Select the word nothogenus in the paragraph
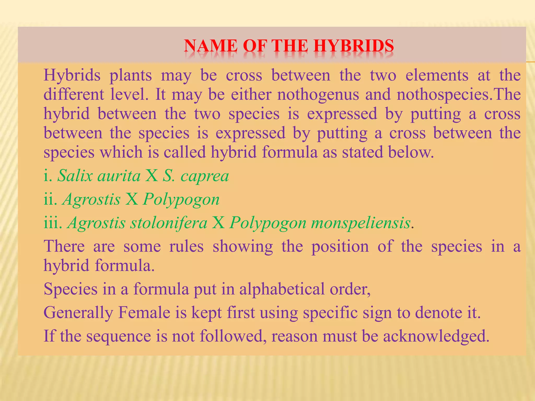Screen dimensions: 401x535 click(x=318, y=95)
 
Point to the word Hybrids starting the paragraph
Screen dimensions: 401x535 click(x=72, y=75)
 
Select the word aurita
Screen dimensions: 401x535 click(x=119, y=176)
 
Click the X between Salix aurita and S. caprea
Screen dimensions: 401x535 click(x=152, y=176)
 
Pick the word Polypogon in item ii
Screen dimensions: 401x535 click(x=181, y=200)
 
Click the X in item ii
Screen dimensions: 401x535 click(x=132, y=199)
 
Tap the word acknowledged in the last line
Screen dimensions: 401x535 click(x=436, y=336)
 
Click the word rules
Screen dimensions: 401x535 click(x=186, y=246)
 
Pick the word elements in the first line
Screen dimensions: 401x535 click(x=437, y=75)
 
